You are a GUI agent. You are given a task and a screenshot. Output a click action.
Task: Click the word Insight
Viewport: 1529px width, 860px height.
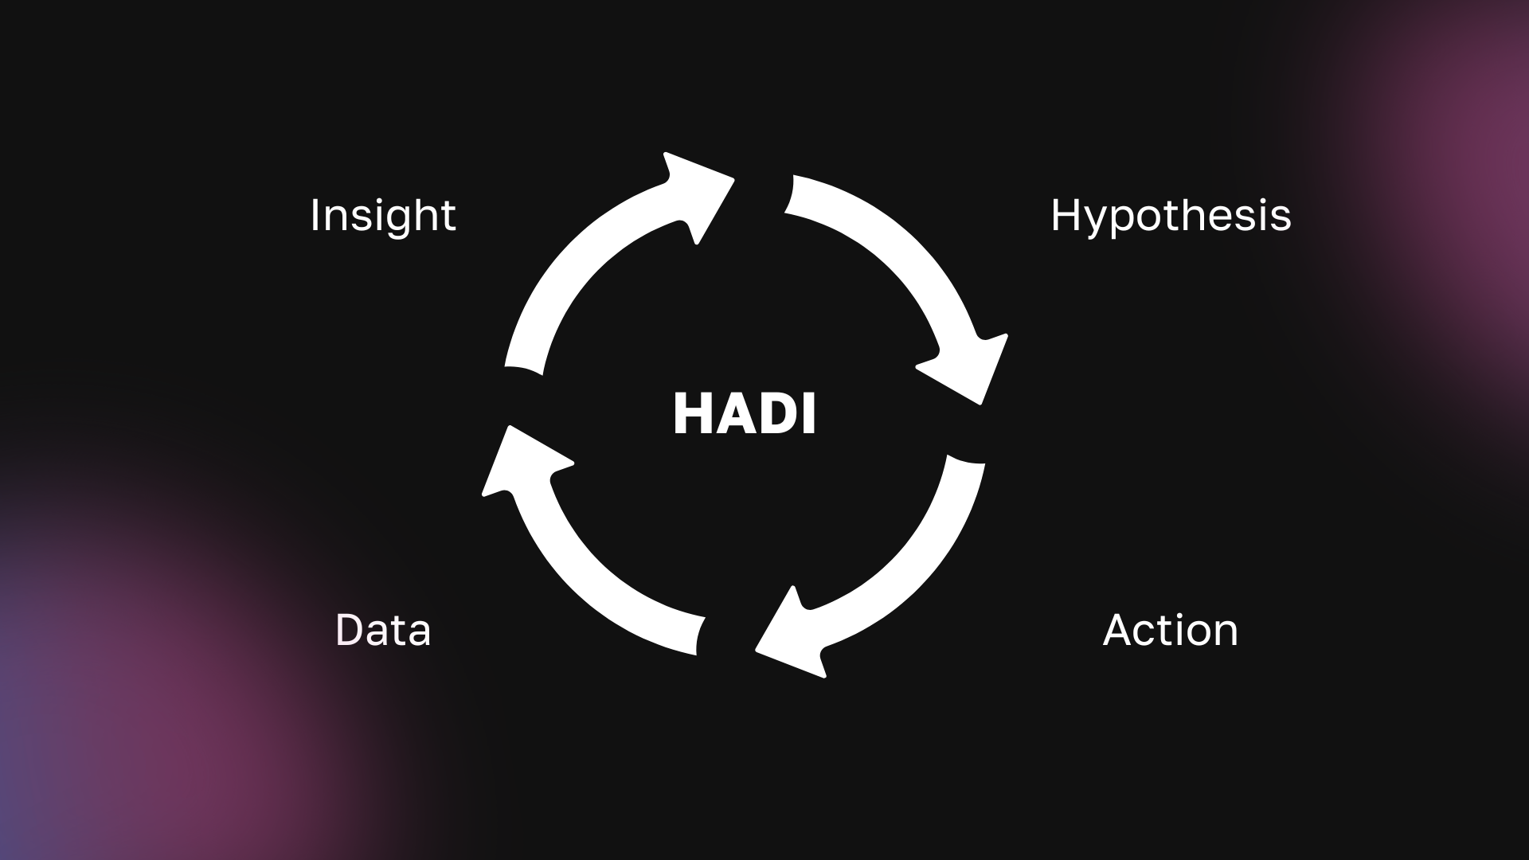383,216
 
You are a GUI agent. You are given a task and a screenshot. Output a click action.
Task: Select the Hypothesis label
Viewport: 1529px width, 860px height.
1171,216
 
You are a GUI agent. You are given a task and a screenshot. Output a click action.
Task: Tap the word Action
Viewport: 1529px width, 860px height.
1171,630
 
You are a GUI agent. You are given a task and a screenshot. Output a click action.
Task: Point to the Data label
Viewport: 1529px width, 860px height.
383,630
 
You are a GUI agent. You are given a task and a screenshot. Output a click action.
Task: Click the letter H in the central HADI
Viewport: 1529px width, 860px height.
691,414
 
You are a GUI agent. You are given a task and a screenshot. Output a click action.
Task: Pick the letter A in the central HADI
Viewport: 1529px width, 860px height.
732,414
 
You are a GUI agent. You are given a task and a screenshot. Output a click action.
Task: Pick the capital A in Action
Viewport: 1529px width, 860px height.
1119,630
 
